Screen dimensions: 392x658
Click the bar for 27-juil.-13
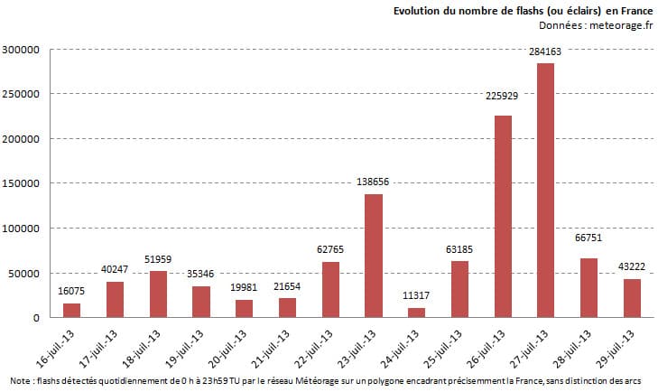point(545,191)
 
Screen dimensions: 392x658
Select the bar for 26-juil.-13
point(503,217)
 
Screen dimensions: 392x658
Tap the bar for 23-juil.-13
point(373,256)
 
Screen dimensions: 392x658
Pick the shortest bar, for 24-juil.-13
point(416,313)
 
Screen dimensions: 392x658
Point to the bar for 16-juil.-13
point(70,311)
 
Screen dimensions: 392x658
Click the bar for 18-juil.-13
point(157,294)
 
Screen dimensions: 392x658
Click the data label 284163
point(545,52)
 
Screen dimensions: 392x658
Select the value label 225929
point(503,105)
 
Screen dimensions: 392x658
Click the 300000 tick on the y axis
point(21,50)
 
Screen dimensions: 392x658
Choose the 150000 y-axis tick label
point(21,183)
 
